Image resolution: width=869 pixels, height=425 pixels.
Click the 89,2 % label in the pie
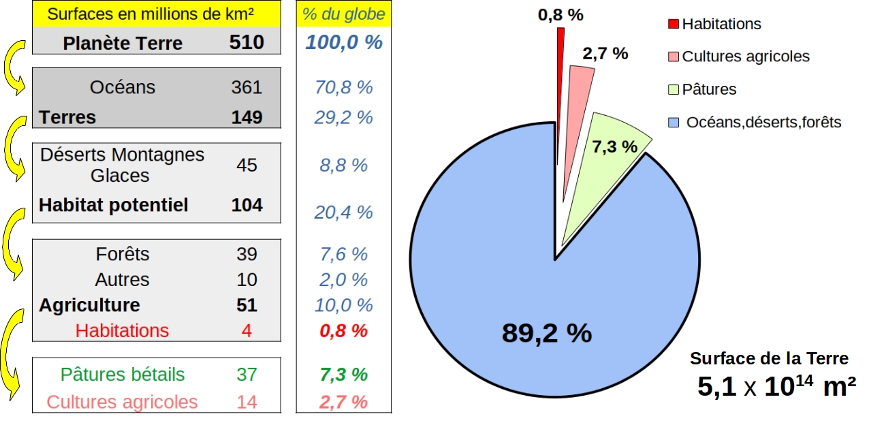pyautogui.click(x=547, y=333)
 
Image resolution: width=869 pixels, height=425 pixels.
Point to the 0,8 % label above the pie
pyautogui.click(x=560, y=14)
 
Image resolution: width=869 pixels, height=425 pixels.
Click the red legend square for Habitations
pyautogui.click(x=673, y=25)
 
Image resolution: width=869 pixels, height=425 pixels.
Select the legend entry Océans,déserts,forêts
pyautogui.click(x=763, y=123)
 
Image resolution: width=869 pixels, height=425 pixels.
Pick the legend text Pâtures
pyautogui.click(x=709, y=89)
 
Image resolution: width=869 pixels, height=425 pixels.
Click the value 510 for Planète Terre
pyautogui.click(x=247, y=43)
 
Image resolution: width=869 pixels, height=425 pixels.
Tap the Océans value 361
pyautogui.click(x=247, y=87)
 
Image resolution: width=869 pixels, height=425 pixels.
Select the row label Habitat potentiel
pyautogui.click(x=113, y=205)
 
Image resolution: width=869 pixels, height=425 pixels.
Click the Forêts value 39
pyautogui.click(x=247, y=254)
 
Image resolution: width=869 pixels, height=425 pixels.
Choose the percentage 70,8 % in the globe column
pyautogui.click(x=344, y=87)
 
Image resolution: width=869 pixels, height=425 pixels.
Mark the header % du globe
pyautogui.click(x=344, y=14)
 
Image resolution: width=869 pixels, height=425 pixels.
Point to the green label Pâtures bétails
pyautogui.click(x=123, y=375)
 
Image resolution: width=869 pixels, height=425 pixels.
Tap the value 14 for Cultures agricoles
pyautogui.click(x=247, y=402)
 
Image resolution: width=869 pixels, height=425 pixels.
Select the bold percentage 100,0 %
pyautogui.click(x=344, y=43)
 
